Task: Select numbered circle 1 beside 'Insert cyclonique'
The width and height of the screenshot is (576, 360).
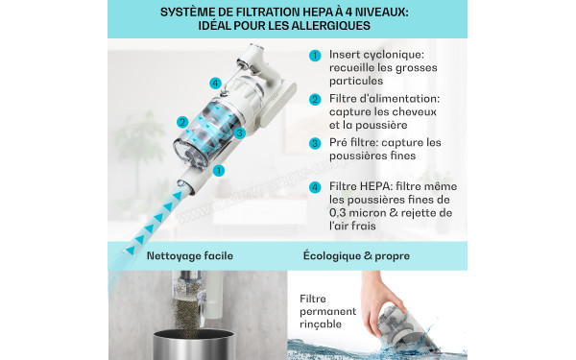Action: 314,56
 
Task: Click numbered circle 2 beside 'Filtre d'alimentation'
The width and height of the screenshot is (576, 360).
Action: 314,99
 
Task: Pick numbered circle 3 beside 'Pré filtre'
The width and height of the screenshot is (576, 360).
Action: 314,143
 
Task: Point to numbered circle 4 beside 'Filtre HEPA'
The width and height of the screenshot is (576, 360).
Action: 314,186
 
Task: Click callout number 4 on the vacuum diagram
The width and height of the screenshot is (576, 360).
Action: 215,82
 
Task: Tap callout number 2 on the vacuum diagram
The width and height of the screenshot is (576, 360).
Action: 181,122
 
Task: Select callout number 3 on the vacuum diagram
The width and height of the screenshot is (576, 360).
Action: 240,132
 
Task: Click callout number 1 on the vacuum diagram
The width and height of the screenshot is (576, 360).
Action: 219,171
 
